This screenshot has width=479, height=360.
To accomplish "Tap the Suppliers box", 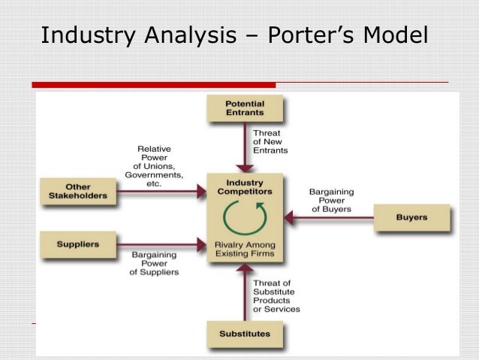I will pyautogui.click(x=77, y=244).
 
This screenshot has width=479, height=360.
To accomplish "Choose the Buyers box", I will pyautogui.click(x=411, y=218).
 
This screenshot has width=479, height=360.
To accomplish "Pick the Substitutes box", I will pyautogui.click(x=246, y=332).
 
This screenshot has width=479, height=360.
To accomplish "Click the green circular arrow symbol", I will pyautogui.click(x=245, y=218).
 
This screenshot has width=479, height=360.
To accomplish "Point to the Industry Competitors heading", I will pyautogui.click(x=245, y=187).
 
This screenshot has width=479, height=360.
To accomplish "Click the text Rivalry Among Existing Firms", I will pyautogui.click(x=245, y=250).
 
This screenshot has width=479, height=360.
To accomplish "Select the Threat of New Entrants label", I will pyautogui.click(x=268, y=142).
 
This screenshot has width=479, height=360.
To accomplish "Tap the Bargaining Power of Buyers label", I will pyautogui.click(x=330, y=201).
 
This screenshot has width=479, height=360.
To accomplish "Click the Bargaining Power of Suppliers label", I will pyautogui.click(x=155, y=264).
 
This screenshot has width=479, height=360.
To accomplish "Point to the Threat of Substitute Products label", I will pyautogui.click(x=276, y=295).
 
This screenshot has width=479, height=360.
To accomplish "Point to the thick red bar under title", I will pyautogui.click(x=154, y=84).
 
